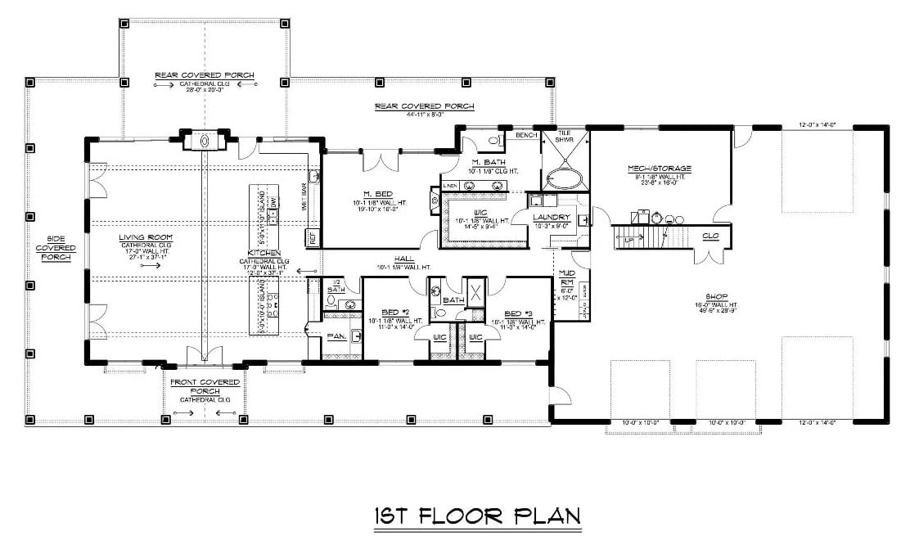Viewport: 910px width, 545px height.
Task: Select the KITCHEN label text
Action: point(264,254)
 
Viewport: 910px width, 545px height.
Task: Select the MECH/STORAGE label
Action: point(660,169)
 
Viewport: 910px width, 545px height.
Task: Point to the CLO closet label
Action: point(710,236)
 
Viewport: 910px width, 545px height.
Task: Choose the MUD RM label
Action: point(565,277)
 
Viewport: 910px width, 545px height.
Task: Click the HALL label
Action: point(403,258)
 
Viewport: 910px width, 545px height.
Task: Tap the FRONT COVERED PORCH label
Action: point(205,386)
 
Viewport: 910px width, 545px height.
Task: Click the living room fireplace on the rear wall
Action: point(205,141)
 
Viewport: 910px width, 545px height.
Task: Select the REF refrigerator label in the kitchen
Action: point(312,237)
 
